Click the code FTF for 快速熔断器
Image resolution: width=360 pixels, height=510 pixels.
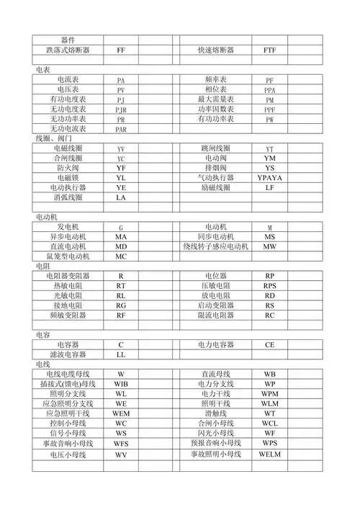coord(269,50)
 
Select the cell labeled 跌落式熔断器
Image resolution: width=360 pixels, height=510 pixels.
coord(68,50)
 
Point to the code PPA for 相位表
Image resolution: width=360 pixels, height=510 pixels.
coord(269,90)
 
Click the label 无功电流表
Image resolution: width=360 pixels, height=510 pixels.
coord(68,128)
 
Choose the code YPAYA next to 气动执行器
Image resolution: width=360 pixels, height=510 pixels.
coord(269,176)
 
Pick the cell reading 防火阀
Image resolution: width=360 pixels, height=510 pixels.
coord(68,167)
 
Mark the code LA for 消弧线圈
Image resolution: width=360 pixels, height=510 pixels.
coord(121,197)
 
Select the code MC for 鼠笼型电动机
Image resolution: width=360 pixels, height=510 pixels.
coord(121,256)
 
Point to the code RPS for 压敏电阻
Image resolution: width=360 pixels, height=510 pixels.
coord(269,285)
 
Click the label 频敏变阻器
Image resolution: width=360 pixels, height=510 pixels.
coord(68,315)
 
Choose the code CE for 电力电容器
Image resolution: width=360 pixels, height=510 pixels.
coord(269,344)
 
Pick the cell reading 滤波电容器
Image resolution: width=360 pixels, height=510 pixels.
coord(68,354)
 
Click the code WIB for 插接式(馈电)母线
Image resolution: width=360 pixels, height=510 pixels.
coord(121,385)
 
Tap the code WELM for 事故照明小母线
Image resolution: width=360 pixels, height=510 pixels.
coord(269,455)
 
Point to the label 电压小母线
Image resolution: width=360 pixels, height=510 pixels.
coord(68,455)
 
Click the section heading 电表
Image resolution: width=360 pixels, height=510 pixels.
coord(42,69)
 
